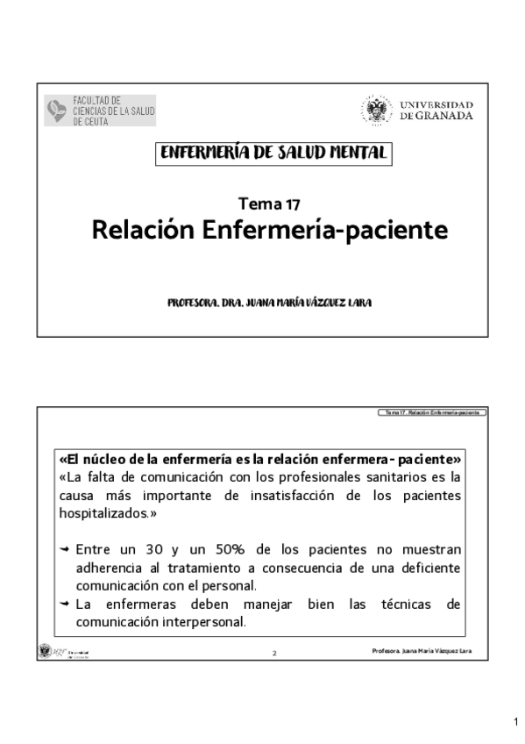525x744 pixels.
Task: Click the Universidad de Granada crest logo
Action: (x=377, y=111)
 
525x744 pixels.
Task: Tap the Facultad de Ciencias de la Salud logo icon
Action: (x=56, y=111)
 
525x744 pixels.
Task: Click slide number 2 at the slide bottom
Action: (x=273, y=654)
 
